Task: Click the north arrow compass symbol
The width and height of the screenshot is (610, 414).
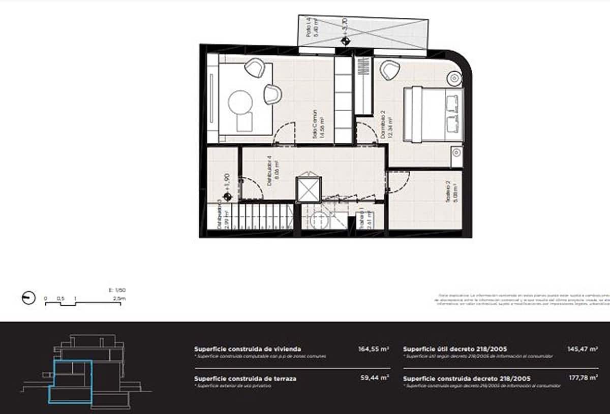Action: [x=29, y=298]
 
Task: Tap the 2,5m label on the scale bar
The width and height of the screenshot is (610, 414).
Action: [x=119, y=299]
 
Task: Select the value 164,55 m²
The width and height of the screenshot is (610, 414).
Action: [x=374, y=349]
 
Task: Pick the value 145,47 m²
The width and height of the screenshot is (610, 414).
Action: [x=583, y=349]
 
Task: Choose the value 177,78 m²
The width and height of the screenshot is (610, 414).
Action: [x=583, y=378]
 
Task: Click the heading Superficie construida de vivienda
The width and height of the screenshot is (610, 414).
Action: [x=248, y=349]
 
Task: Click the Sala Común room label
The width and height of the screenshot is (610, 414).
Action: [x=318, y=124]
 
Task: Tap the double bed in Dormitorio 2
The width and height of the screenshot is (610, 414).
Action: [x=433, y=114]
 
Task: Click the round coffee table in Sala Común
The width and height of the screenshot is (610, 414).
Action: [x=240, y=102]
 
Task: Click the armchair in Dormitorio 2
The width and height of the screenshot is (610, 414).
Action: [x=390, y=70]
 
